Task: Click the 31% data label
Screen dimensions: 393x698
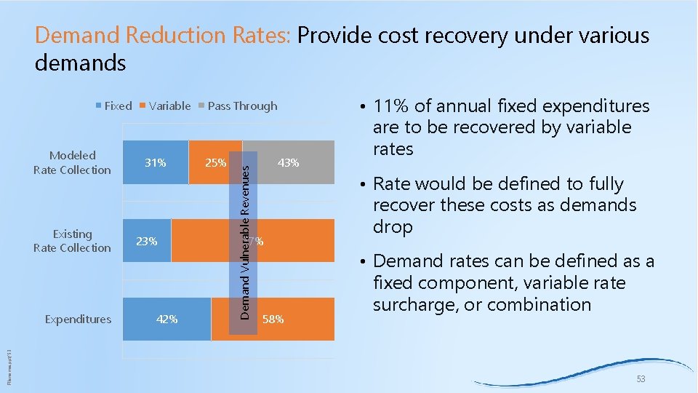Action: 155,163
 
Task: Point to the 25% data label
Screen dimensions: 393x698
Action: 215,163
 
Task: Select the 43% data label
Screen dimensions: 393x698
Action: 289,163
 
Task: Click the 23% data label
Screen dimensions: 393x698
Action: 147,241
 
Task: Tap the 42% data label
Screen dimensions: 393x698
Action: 167,319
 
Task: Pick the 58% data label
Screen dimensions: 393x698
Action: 273,319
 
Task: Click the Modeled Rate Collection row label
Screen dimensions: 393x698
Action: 72,163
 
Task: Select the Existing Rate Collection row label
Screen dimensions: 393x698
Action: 72,241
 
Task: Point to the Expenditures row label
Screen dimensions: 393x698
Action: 78,319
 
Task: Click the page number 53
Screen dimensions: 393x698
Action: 641,379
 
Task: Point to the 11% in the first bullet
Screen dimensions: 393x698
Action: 390,106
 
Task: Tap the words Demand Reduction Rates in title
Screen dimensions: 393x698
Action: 163,35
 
